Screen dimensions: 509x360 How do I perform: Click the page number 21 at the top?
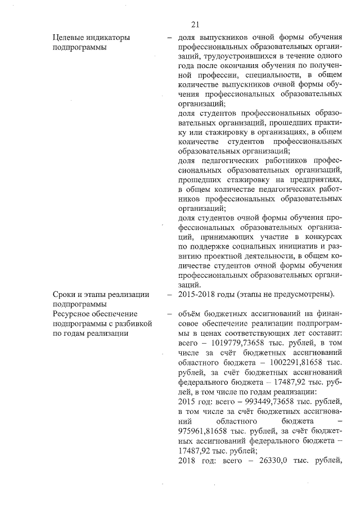[195, 24]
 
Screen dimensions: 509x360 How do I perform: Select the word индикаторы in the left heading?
[107, 38]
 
